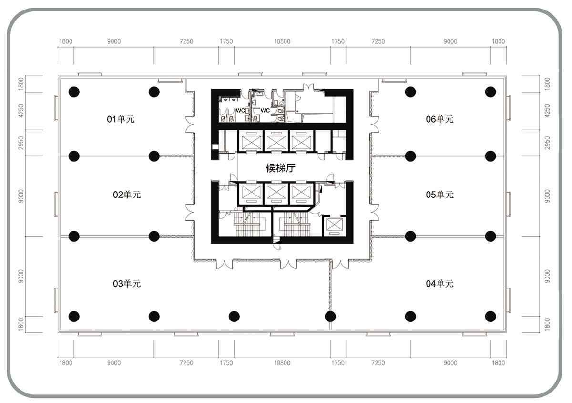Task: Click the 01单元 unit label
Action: (121, 119)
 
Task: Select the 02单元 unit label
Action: (127, 195)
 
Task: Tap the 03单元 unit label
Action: (127, 284)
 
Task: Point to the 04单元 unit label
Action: (439, 284)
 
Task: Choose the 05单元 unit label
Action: (439, 195)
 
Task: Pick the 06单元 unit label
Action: (439, 119)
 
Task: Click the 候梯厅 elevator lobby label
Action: (280, 168)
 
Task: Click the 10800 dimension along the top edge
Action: (282, 41)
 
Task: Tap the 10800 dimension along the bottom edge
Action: (282, 363)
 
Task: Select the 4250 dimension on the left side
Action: (21, 111)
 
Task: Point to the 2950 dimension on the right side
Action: (547, 143)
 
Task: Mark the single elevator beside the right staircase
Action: (334, 226)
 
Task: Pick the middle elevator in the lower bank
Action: (276, 194)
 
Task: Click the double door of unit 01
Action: (190, 124)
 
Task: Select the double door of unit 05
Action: (374, 212)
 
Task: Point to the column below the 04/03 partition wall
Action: (330, 316)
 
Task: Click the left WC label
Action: (240, 110)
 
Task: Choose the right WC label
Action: (265, 110)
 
